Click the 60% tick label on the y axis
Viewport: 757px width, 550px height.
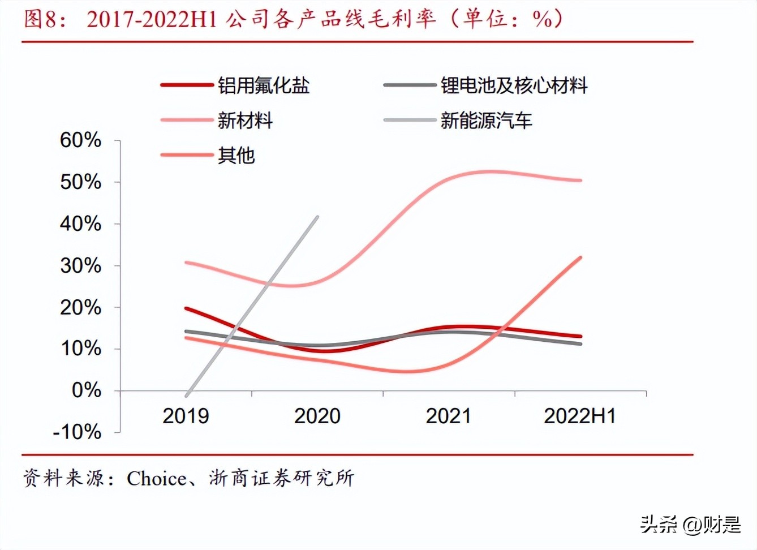[x=80, y=140]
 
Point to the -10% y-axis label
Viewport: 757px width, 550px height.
[x=77, y=432]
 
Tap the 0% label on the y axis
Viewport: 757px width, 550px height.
[x=86, y=390]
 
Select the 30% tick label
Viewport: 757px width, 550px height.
[x=80, y=265]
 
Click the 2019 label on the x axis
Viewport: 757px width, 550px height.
[x=186, y=416]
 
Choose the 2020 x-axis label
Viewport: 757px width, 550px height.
[x=317, y=416]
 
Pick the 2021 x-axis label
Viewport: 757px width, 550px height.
[x=448, y=416]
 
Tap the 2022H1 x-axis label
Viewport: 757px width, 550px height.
[x=579, y=416]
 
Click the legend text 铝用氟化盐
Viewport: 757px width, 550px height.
[x=264, y=85]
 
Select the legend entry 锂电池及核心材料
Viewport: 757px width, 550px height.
[x=514, y=85]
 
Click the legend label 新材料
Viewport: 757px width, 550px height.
[x=245, y=121]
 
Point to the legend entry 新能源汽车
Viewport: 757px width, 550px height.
[x=486, y=121]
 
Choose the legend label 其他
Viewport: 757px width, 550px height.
[x=236, y=155]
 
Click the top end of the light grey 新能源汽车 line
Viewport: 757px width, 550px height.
[x=317, y=217]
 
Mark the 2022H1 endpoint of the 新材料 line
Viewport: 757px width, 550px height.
[x=580, y=181]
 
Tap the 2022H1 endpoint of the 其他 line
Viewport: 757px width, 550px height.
[x=580, y=257]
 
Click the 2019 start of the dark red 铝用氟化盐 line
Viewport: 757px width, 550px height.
[x=186, y=308]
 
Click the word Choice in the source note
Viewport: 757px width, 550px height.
[x=156, y=479]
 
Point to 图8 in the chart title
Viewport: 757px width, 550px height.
[x=40, y=19]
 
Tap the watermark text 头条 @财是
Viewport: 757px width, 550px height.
[x=690, y=525]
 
